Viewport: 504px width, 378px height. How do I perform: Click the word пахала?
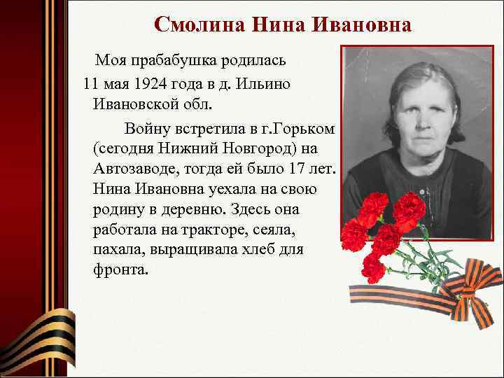(115, 249)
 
